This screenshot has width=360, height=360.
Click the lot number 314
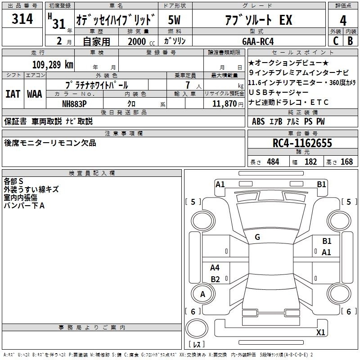[22, 18]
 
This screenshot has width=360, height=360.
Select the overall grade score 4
[343, 21]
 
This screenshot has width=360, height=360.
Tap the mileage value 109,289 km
[53, 64]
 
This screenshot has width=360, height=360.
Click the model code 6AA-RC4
[258, 41]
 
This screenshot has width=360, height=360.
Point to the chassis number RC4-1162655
[302, 143]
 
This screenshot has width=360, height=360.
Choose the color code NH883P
[74, 104]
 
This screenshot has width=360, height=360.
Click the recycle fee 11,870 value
[224, 103]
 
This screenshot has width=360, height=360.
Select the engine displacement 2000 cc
[141, 41]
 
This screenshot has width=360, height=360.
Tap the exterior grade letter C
[336, 41]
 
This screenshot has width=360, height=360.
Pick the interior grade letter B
[350, 41]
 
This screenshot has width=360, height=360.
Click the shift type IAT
[13, 94]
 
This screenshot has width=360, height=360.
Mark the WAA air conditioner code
[35, 94]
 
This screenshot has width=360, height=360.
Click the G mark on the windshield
[257, 237]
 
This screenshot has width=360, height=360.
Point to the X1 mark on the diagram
[320, 332]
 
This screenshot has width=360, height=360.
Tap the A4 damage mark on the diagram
[215, 267]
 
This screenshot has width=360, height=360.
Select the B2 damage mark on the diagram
[215, 279]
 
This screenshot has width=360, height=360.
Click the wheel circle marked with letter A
[203, 294]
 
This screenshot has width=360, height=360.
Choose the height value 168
[346, 162]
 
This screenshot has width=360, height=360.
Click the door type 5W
[174, 20]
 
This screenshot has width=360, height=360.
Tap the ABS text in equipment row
[258, 121]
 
